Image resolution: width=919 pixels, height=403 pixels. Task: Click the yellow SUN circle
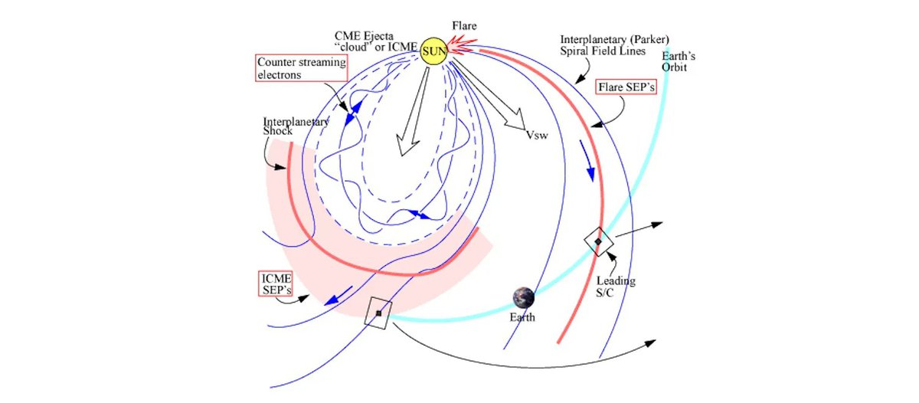point(433,51)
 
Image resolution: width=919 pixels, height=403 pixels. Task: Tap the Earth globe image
point(525,297)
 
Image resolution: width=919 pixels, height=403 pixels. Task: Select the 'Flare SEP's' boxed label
point(626,88)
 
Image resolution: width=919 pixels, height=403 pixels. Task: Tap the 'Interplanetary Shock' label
point(296,126)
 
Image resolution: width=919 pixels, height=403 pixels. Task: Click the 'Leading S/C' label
point(616,287)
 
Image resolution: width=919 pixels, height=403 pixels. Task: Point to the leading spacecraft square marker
point(598,241)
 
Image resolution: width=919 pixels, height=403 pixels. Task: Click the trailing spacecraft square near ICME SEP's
point(378,313)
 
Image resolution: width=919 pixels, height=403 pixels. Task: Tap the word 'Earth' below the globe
point(525,316)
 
